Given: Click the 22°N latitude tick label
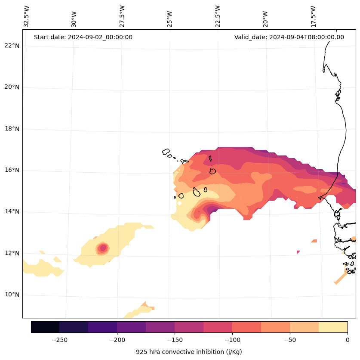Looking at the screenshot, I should pos(12,46).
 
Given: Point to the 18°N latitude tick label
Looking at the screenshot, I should pos(12,129).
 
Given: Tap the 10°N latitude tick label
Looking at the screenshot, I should pos(12,295).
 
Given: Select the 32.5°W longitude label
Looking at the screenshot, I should pos(27,16).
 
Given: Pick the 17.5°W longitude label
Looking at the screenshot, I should pos(314,16).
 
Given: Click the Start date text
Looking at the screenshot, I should pos(83,37).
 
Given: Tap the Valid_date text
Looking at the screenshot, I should pos(289,37).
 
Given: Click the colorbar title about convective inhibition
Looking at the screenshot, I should pos(189,352).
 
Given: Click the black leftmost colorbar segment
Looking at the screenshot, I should pos(45,327).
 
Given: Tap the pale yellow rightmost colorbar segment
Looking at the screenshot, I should pos(333,327).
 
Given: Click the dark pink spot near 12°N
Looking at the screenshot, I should pos(102,248).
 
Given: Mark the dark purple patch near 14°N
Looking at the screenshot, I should pos(212,210).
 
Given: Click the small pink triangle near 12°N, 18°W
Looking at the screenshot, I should pos(298,252).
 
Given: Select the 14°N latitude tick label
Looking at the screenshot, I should pos(12,211).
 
